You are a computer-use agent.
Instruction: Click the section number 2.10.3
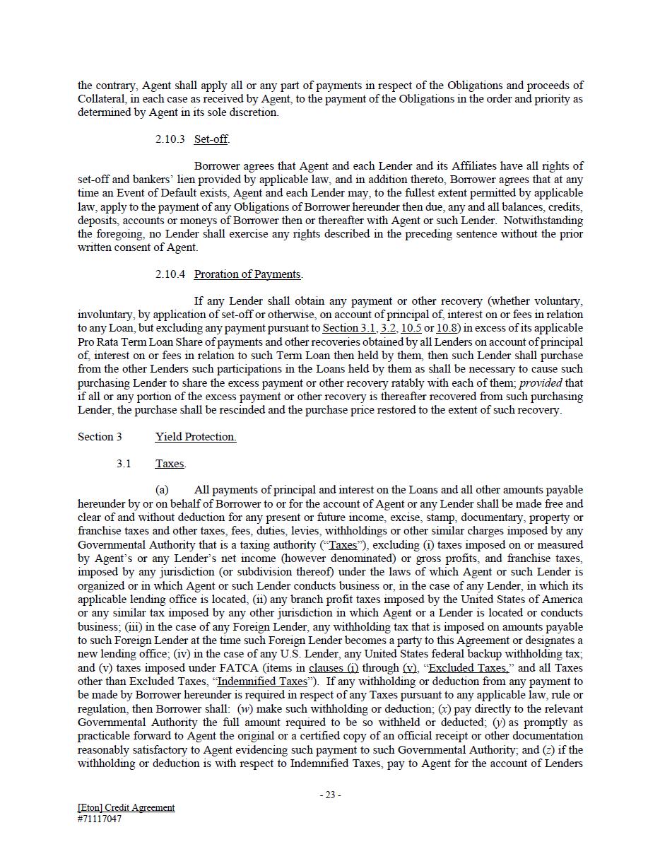pos(170,139)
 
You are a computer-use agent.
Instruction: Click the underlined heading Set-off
pos(211,139)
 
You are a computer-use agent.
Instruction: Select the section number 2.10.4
pos(170,274)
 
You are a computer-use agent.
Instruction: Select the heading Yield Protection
pos(196,437)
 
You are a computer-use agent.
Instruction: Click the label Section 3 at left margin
pos(100,437)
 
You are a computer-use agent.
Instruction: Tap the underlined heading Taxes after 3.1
pos(170,464)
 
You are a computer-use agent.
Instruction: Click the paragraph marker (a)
pos(162,490)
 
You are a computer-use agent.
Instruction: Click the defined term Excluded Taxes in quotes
pos(468,668)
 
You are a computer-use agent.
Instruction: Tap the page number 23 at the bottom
pos(330,795)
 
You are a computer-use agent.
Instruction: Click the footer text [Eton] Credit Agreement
pos(126,807)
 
